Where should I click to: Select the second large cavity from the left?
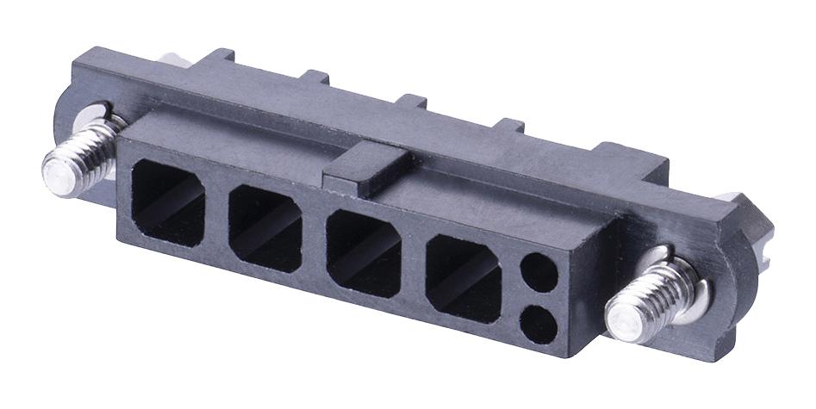(x=265, y=226)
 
